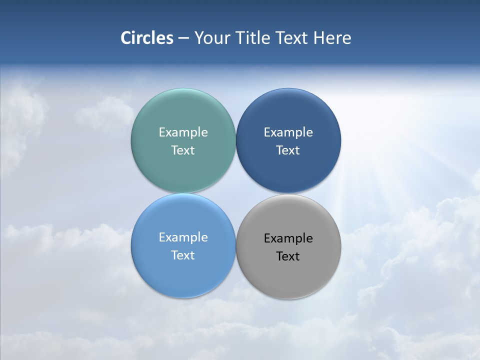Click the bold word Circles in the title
(x=146, y=38)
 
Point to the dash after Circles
(x=183, y=38)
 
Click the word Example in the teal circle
(x=183, y=132)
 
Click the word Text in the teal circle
(x=183, y=150)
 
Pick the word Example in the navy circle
(x=288, y=132)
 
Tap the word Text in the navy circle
(x=288, y=150)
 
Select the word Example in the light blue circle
(x=183, y=237)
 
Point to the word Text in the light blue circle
(x=183, y=255)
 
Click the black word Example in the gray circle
(x=288, y=238)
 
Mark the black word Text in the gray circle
(x=288, y=256)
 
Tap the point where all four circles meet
(x=235, y=193)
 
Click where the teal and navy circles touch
(x=235, y=140)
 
